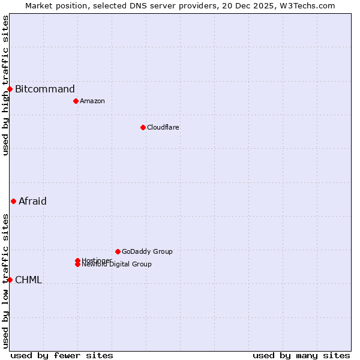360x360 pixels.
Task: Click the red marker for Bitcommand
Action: (10, 89)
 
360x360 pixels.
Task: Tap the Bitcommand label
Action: (45, 89)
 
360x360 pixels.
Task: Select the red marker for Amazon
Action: (76, 101)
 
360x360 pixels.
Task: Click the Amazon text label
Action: (92, 101)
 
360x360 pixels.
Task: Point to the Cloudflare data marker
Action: (143, 127)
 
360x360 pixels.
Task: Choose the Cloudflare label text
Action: (163, 127)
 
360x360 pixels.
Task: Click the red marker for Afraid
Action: (13, 201)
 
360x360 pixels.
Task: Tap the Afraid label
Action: (32, 201)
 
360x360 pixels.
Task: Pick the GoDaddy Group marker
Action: (118, 251)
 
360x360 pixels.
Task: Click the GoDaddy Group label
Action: (147, 251)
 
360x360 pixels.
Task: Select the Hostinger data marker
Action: (77, 260)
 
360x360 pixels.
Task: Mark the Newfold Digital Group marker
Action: (77, 264)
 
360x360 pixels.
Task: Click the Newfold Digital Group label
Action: (117, 265)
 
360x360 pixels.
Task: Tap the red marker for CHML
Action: (10, 280)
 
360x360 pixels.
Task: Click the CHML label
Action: (28, 280)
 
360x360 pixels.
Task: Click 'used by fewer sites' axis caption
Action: (62, 355)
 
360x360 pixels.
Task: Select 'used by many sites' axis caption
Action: (301, 355)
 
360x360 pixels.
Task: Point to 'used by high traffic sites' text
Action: (5, 85)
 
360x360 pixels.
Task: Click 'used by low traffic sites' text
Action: (5, 281)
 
